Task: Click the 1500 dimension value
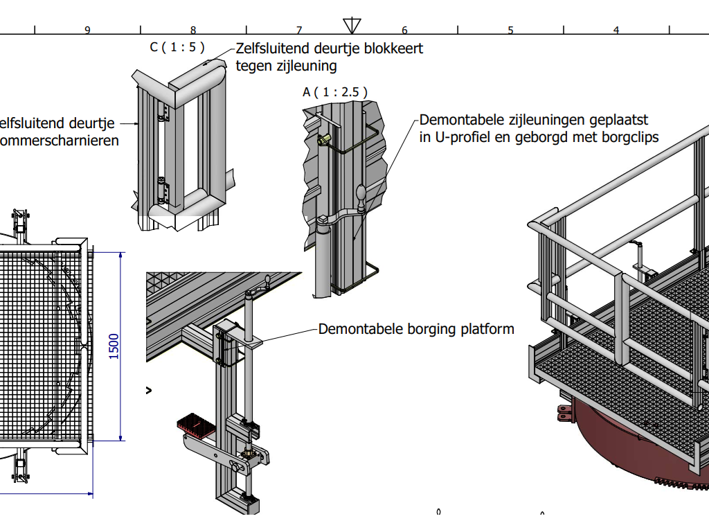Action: [x=114, y=346]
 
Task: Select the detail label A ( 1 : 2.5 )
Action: [x=334, y=92]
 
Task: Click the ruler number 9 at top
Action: [x=87, y=30]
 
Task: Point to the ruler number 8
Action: [x=193, y=30]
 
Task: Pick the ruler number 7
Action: [x=299, y=30]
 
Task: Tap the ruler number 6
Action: [x=404, y=30]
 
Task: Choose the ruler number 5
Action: [x=510, y=30]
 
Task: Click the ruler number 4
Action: [x=616, y=30]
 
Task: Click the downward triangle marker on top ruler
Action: [x=352, y=26]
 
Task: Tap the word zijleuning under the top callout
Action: [x=305, y=66]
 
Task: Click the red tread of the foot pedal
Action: [x=197, y=423]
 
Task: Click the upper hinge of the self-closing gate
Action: [x=163, y=114]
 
